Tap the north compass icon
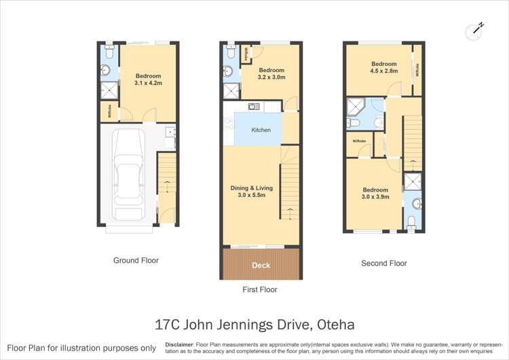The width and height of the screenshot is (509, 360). pyautogui.click(x=476, y=30)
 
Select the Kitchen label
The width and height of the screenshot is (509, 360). pyautogui.click(x=261, y=130)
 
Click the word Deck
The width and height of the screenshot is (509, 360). pyautogui.click(x=261, y=265)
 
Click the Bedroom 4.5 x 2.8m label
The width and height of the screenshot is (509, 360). pyautogui.click(x=383, y=67)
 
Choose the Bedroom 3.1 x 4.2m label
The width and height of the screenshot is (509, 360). pyautogui.click(x=148, y=79)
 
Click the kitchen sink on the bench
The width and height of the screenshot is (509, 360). pyautogui.click(x=254, y=107)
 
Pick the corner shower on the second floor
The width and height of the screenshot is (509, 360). pyautogui.click(x=355, y=106)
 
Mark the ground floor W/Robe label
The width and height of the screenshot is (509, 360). pyautogui.click(x=109, y=113)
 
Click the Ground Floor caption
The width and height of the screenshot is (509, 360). pyautogui.click(x=136, y=260)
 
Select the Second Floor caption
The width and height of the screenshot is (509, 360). pyautogui.click(x=383, y=263)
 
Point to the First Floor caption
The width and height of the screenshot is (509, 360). pyautogui.click(x=259, y=289)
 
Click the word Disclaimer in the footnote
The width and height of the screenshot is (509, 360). pyautogui.click(x=180, y=344)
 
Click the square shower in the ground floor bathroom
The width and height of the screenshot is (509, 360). pyautogui.click(x=108, y=90)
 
